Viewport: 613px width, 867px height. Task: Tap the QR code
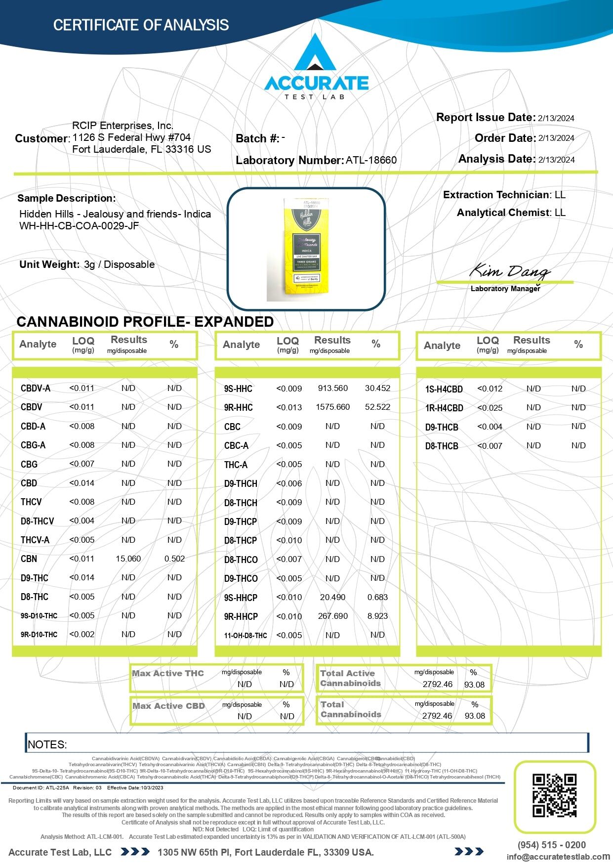(554, 795)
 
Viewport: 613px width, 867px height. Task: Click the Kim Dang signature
(509, 271)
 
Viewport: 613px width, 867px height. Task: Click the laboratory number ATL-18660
(371, 160)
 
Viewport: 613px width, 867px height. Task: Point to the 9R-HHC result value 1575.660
(332, 407)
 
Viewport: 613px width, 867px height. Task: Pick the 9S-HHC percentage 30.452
(377, 389)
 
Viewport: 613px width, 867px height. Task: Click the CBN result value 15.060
(128, 559)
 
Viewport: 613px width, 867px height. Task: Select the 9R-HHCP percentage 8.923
(377, 616)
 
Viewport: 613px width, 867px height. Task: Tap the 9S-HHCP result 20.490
(332, 597)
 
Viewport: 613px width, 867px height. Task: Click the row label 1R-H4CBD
(444, 408)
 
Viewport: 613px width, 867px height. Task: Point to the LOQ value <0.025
(490, 408)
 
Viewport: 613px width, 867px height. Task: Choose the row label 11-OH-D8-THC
(245, 636)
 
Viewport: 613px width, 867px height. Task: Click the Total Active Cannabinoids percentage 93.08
(474, 685)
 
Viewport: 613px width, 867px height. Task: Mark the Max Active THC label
(168, 673)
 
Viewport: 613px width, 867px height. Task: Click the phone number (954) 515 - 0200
(552, 845)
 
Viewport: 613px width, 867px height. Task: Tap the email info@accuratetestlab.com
(558, 857)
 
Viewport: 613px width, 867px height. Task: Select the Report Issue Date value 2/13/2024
(556, 118)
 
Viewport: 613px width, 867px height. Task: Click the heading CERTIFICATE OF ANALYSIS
(141, 25)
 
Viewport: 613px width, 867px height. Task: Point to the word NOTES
(47, 744)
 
